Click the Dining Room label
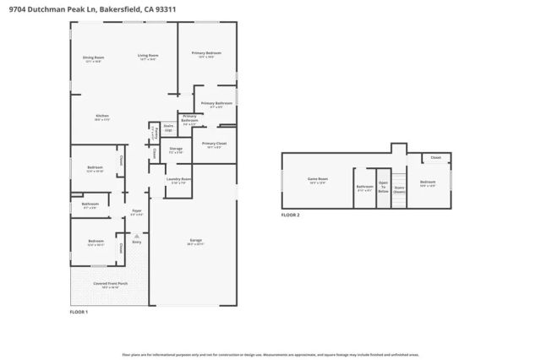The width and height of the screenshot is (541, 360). coord(93,58)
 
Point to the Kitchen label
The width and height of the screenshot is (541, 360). coord(102,117)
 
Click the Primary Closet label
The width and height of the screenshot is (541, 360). coord(215,145)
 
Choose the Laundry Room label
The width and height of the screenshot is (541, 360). coord(178,180)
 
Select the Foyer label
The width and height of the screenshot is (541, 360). coord(136,212)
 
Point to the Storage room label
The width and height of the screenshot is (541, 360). coord(176,150)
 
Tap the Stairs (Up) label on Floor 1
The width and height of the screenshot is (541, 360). coord(168,128)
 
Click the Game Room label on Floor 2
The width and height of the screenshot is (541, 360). coord(317,180)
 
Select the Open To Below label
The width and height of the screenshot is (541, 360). coord(383,187)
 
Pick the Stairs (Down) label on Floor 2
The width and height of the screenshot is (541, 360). coord(399,189)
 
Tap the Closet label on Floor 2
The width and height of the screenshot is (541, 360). coord(435,158)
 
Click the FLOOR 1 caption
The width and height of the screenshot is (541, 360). coord(79,312)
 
